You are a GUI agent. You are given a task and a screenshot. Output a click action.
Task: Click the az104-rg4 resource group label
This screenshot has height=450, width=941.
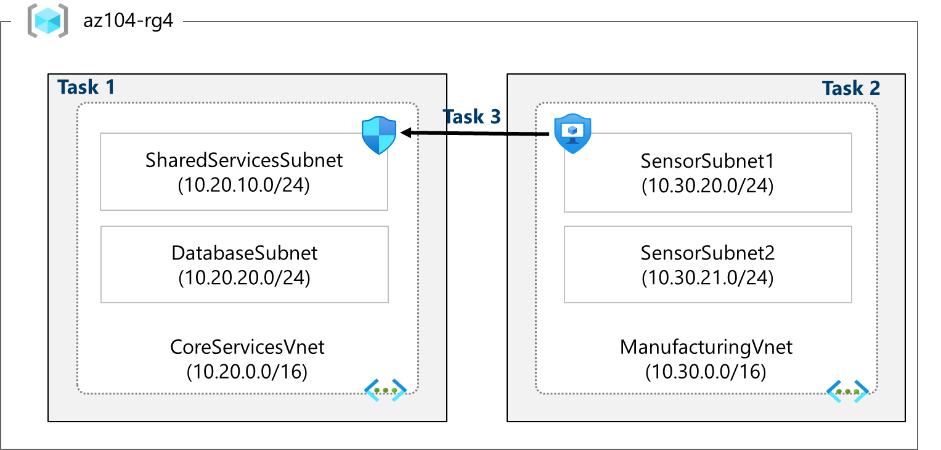pyautogui.click(x=128, y=23)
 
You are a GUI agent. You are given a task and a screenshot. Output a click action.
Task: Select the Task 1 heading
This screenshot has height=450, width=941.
pyautogui.click(x=86, y=87)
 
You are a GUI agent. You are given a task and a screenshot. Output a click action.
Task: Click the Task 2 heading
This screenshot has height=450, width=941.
pyautogui.click(x=851, y=88)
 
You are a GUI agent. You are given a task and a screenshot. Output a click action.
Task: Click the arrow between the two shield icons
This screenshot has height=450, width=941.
pyautogui.click(x=475, y=133)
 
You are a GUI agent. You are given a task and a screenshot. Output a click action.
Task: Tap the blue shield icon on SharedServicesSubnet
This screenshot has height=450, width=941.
pyautogui.click(x=379, y=135)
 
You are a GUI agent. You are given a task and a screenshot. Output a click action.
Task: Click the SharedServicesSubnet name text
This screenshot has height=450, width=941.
pyautogui.click(x=244, y=160)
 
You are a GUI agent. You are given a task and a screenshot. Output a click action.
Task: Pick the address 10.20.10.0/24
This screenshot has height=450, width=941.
pyautogui.click(x=244, y=185)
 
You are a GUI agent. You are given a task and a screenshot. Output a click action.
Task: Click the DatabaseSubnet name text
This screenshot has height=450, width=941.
pyautogui.click(x=245, y=253)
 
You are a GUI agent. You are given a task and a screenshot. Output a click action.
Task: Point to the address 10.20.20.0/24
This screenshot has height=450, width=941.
pyautogui.click(x=245, y=278)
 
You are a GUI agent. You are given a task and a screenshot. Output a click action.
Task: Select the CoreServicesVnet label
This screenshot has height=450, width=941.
pyautogui.click(x=247, y=347)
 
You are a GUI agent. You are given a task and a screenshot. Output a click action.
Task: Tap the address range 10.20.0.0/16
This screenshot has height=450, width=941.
pyautogui.click(x=247, y=372)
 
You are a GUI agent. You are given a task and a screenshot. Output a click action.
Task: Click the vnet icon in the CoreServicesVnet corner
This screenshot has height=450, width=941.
pyautogui.click(x=386, y=390)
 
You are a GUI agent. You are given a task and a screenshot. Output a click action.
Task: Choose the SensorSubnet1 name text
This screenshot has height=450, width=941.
pyautogui.click(x=707, y=161)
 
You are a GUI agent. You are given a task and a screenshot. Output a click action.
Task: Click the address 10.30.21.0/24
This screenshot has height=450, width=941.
pyautogui.click(x=707, y=278)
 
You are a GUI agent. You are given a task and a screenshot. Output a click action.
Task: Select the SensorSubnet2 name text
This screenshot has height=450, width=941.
pyautogui.click(x=707, y=253)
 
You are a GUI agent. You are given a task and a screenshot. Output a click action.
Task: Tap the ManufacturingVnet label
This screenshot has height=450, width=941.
pyautogui.click(x=706, y=347)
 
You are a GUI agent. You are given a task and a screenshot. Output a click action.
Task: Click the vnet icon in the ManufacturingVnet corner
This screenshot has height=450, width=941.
pyautogui.click(x=848, y=391)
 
